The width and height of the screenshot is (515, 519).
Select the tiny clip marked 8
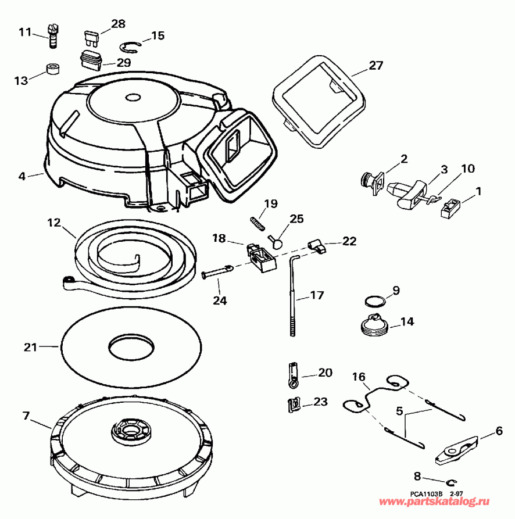coord(453,482)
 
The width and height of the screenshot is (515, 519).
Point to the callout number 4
coord(23,175)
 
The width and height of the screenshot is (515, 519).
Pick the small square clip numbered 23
coord(294,402)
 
